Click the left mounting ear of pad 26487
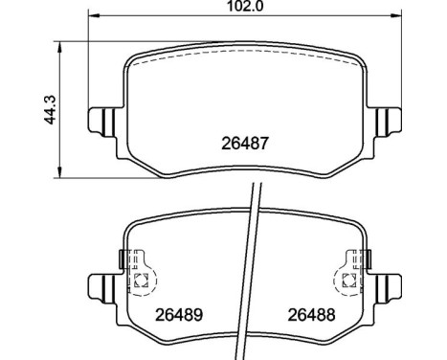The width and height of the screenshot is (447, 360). (x=100, y=122)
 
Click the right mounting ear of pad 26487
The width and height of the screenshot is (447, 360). (x=388, y=122)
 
